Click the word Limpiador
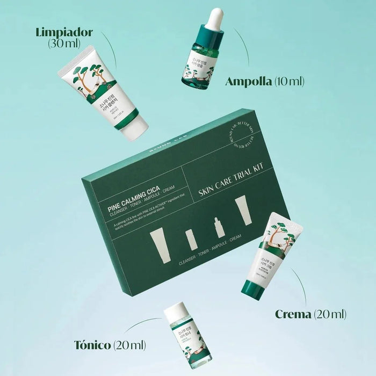64,32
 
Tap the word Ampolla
248,82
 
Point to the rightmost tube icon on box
243,210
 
